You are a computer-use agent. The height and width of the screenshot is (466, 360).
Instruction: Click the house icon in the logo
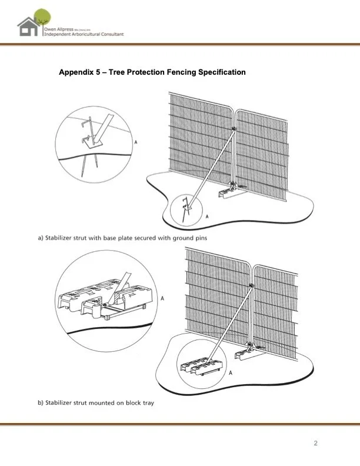[28, 27]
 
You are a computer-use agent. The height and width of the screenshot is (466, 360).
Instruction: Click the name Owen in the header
[52, 28]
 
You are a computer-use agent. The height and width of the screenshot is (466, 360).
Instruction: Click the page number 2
[316, 443]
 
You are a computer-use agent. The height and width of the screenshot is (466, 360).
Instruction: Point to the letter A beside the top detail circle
[136, 142]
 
